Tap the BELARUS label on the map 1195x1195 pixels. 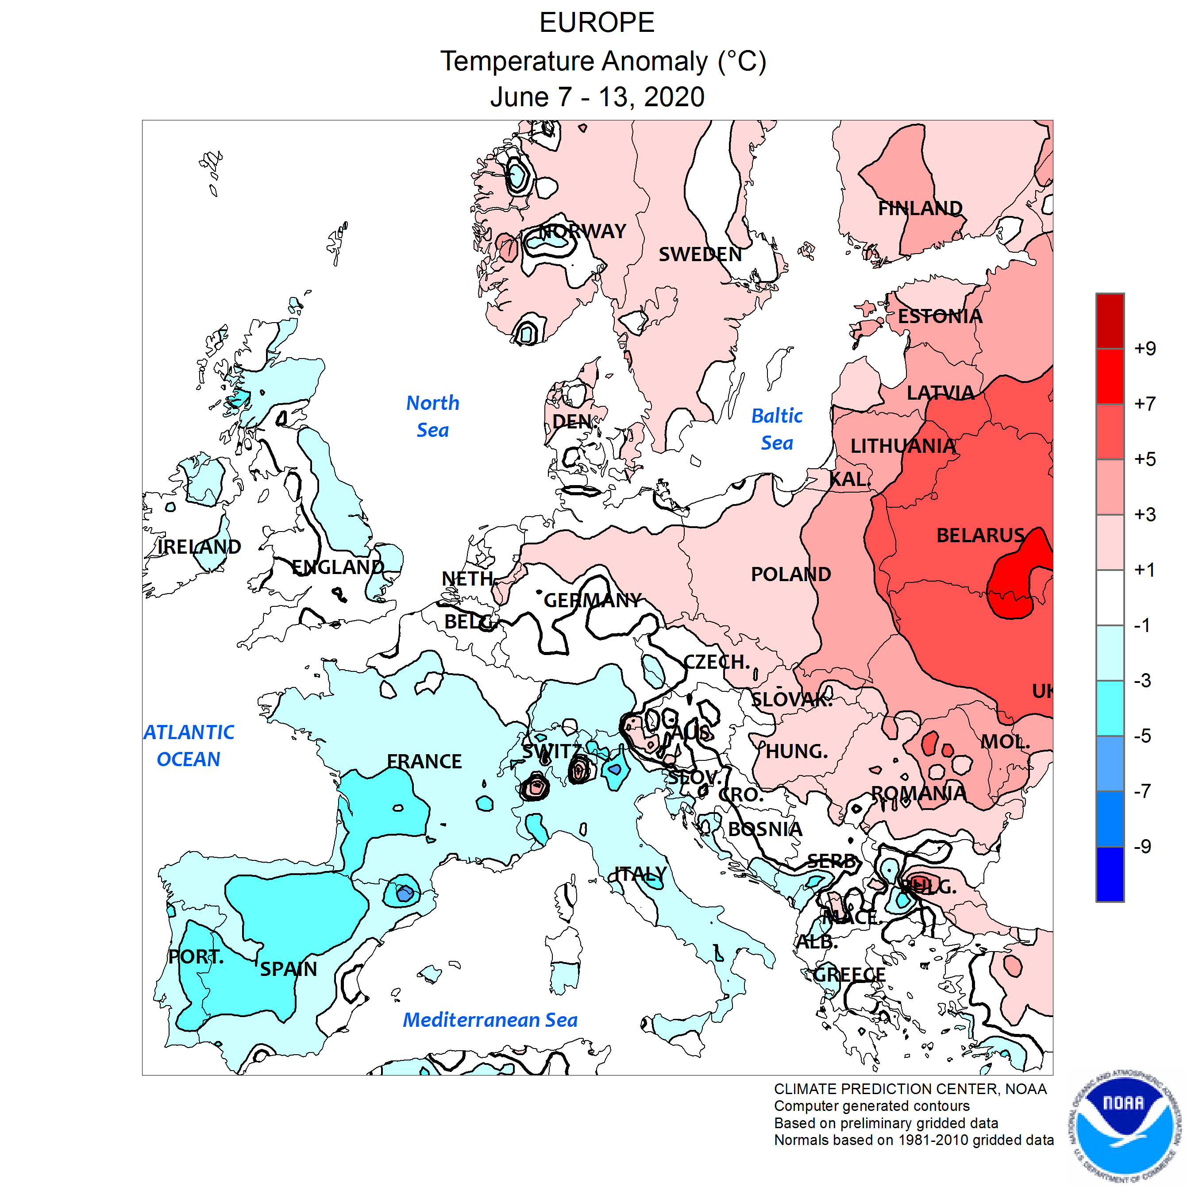(x=980, y=535)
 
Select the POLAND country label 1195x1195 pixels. (x=790, y=574)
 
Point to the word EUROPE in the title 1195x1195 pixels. (x=596, y=23)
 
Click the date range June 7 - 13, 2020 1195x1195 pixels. (x=597, y=97)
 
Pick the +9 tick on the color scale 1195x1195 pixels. (x=1144, y=348)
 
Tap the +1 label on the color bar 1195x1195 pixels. (x=1144, y=570)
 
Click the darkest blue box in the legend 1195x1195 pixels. (x=1110, y=874)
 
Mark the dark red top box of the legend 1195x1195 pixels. (x=1110, y=321)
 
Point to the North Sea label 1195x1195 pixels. (x=432, y=416)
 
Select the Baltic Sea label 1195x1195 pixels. (x=776, y=429)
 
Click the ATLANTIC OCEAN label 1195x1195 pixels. (x=189, y=745)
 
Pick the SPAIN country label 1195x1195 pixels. (x=288, y=969)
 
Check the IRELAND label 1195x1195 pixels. (x=199, y=547)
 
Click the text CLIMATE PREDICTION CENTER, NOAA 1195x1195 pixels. (x=910, y=1089)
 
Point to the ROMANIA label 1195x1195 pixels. (x=918, y=793)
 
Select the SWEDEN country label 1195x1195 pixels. (x=700, y=254)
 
